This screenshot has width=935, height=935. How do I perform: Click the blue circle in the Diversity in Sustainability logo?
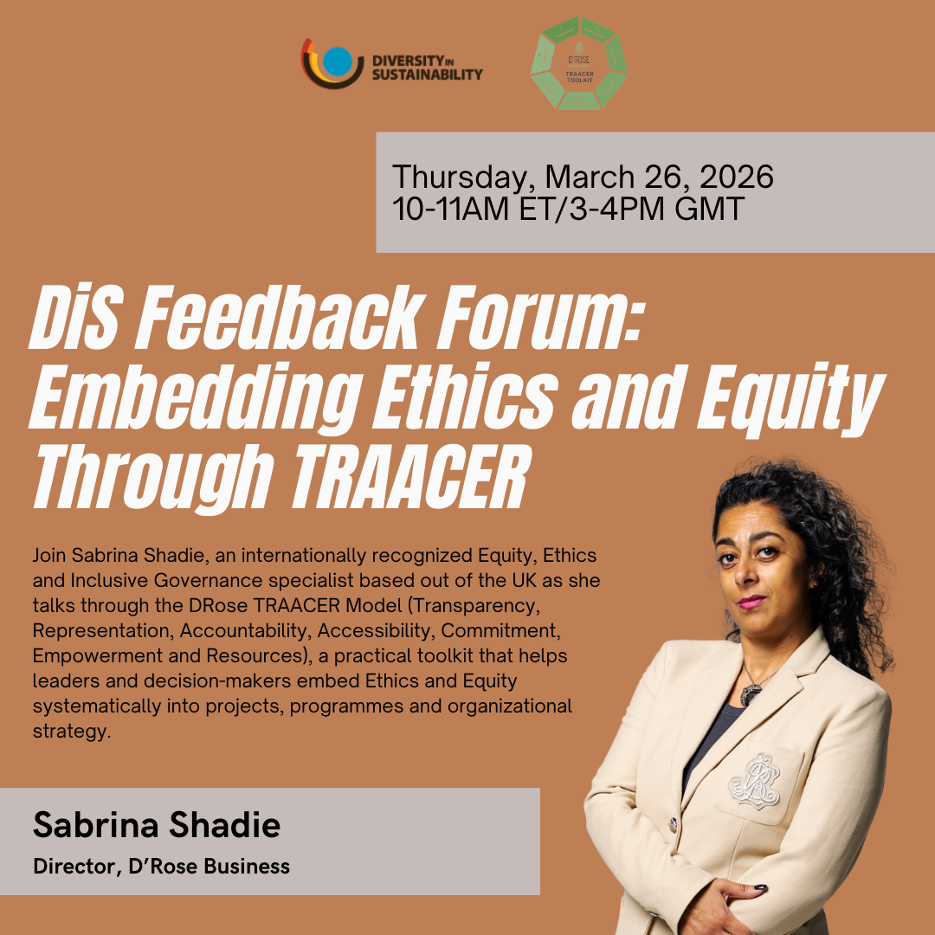coord(339,61)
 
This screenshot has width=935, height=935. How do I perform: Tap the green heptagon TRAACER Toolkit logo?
coord(579,63)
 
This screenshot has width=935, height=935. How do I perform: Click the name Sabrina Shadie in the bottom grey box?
coord(157,825)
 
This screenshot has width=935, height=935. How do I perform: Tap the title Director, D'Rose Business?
coord(161,866)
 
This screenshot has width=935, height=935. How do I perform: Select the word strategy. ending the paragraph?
coord(72,732)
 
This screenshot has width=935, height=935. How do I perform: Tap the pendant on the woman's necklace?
coord(750,693)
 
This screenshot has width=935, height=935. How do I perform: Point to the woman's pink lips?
coord(751,599)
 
